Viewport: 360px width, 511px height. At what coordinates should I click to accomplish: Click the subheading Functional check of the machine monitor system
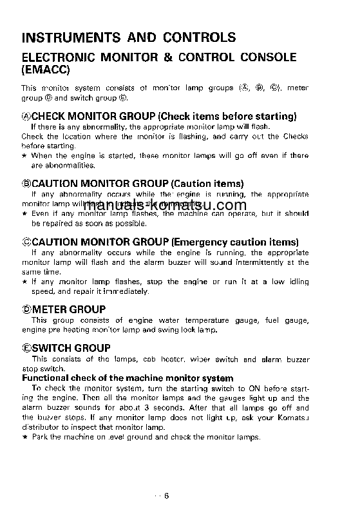tap(128, 378)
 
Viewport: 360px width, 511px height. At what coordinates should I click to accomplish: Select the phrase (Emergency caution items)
tap(234, 242)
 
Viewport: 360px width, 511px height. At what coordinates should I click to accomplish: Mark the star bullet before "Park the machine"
tap(24, 437)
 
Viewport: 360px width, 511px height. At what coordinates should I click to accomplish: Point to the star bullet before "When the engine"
tap(24, 155)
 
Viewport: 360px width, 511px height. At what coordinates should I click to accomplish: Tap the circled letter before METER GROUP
tap(26, 310)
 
